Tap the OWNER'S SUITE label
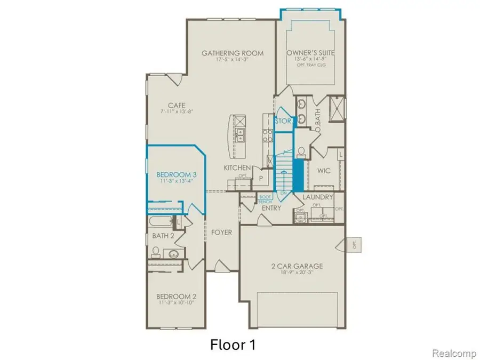pos(306,53)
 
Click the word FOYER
pos(221,233)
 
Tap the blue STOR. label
pos(283,121)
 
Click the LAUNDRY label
pos(318,197)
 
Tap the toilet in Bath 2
pos(156,251)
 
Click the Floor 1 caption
pos(233,344)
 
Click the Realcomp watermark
pos(451,353)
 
